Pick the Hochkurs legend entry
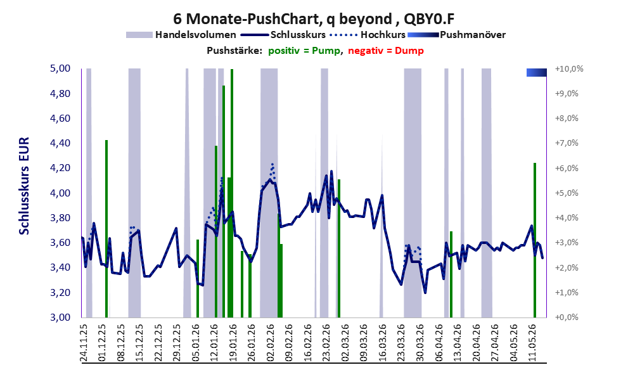pos(368,35)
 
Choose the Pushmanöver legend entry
pos(457,35)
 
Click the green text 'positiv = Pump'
pos(304,51)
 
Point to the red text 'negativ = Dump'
pos(386,51)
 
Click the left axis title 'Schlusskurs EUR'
pos(24,186)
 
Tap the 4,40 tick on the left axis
pos(60,143)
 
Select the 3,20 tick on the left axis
pos(60,292)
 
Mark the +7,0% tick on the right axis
pos(567,143)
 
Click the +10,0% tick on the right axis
pos(569,68)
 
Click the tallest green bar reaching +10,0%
pos(232,193)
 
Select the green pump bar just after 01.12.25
pos(106,229)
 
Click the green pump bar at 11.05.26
pos(535,240)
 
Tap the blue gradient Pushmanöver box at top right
pos(537,72)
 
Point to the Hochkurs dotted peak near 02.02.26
pos(272,164)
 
